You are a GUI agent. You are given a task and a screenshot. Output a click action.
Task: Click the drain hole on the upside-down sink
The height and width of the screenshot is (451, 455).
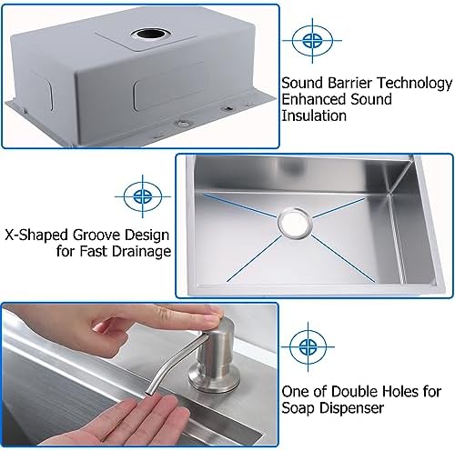point(149,34)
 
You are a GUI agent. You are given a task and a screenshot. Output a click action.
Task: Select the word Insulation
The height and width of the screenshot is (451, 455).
point(314,115)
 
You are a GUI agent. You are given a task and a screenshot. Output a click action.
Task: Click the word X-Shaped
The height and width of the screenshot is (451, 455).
point(36,236)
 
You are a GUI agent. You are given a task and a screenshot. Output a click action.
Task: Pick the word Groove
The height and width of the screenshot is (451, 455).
point(97,236)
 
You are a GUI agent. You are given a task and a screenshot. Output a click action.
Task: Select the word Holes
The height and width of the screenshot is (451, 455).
point(400,392)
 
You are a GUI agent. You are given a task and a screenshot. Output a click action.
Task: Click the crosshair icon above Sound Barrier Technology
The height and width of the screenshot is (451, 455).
point(312,40)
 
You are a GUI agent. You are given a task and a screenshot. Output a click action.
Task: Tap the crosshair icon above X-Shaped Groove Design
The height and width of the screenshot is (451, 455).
point(143,196)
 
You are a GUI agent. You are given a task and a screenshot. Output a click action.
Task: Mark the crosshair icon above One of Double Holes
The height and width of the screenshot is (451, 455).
point(308,346)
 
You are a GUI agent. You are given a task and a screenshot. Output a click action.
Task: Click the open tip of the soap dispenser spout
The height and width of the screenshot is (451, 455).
point(148,394)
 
